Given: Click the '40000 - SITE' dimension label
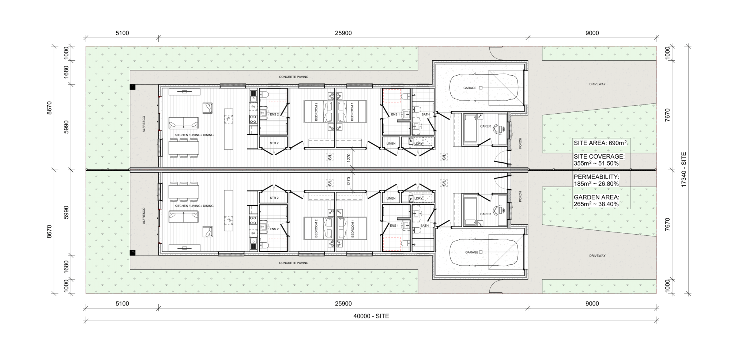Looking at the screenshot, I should (x=371, y=316).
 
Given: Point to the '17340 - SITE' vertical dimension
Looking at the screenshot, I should (x=684, y=170).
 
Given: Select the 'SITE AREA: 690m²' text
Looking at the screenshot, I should (x=600, y=143).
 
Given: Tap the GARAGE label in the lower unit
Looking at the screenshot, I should (x=471, y=252).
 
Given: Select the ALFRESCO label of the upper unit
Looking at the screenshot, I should (x=144, y=124).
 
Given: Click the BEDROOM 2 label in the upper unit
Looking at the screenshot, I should (x=316, y=111).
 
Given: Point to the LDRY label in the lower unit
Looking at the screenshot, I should (x=418, y=198).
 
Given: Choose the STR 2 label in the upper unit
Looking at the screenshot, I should (x=274, y=143).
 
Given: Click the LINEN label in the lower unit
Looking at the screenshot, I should (x=391, y=198).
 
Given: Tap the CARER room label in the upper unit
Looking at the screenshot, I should (x=485, y=126).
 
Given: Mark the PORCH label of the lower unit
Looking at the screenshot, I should (x=520, y=197).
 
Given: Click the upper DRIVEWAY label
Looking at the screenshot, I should (x=597, y=84).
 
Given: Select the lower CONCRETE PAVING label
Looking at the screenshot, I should (x=293, y=263).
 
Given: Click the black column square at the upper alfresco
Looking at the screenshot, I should (x=133, y=87).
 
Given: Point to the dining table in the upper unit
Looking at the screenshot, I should (x=184, y=148).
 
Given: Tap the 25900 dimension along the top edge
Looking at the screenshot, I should (x=343, y=33).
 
